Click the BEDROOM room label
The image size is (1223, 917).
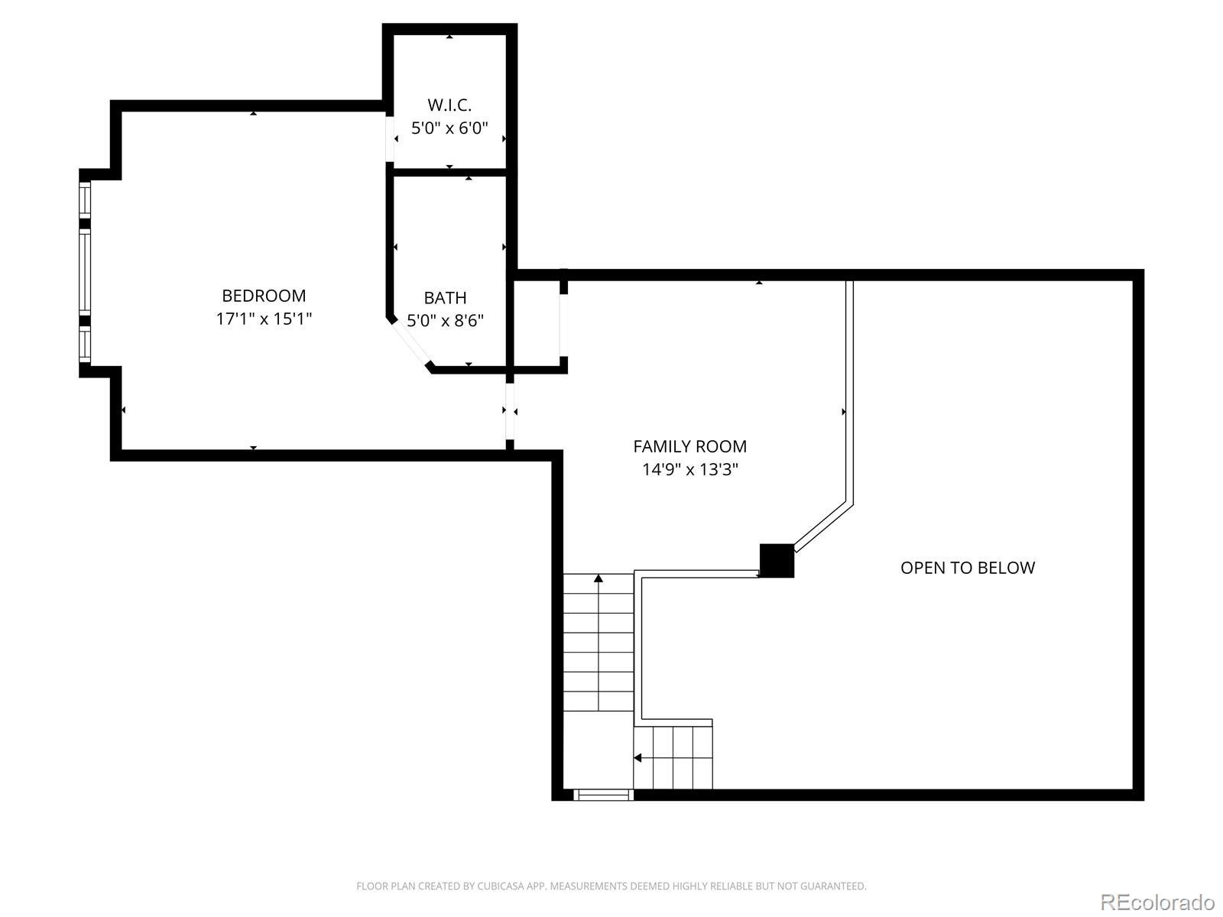pos(264,296)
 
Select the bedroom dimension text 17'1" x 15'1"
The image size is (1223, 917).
pos(264,319)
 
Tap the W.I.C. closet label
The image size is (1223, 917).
pos(449,105)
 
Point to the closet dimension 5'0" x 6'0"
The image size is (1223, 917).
pos(449,128)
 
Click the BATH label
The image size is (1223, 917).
pos(445,298)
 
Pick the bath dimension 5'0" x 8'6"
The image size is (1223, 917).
pos(445,321)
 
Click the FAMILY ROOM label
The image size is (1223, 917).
pos(689,446)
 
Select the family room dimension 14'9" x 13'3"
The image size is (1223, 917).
pos(689,470)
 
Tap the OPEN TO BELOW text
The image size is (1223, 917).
pos(968,568)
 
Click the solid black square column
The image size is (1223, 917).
pos(777,561)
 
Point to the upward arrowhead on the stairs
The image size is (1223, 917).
pos(599,578)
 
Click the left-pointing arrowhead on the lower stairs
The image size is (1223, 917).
pos(637,758)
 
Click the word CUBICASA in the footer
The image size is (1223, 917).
pos(500,886)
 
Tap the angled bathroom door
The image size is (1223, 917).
pos(410,344)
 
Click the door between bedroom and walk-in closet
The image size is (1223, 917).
pos(390,138)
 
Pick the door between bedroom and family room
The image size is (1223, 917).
pos(509,412)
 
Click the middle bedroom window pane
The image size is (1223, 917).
pos(85,272)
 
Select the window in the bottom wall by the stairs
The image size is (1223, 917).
pos(603,795)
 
